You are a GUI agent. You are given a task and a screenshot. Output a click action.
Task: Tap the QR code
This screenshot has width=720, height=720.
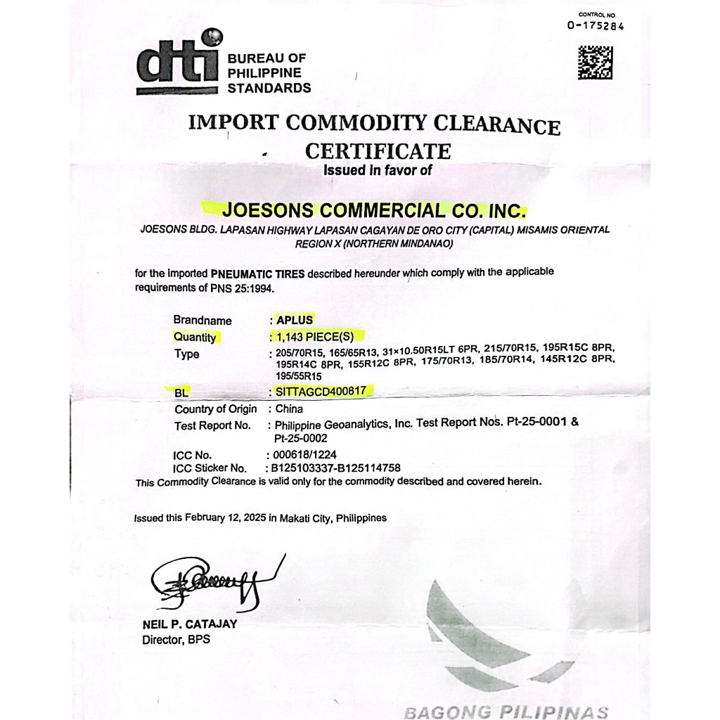coord(595,63)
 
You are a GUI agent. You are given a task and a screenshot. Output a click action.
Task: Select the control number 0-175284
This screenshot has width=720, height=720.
coord(596,27)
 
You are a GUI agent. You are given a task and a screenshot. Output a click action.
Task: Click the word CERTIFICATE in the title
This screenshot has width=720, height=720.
coord(378,151)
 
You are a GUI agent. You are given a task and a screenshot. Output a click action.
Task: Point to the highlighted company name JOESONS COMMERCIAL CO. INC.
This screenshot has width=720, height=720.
coord(373,210)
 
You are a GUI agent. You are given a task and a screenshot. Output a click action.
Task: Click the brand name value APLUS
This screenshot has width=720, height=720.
coord(295,320)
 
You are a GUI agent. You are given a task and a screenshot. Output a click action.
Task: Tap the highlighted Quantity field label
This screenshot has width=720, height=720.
coord(195,337)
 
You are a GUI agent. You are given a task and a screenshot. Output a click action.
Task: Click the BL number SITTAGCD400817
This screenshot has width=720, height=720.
coord(323,390)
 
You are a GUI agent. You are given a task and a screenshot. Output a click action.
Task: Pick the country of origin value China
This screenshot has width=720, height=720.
coord(289,409)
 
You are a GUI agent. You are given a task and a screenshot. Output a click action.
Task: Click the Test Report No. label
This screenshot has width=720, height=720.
coord(212,425)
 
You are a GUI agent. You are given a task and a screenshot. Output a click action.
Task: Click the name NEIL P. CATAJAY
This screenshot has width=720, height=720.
coord(189,624)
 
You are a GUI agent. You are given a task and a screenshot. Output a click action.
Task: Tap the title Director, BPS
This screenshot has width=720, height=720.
coord(176,640)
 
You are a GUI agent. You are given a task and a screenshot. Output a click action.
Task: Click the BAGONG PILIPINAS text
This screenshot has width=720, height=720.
coord(506,710)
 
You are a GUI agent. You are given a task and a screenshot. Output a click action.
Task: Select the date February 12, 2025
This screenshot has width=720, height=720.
coord(225,518)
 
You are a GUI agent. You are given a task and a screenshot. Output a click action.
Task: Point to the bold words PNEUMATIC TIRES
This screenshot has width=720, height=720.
coord(257,274)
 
